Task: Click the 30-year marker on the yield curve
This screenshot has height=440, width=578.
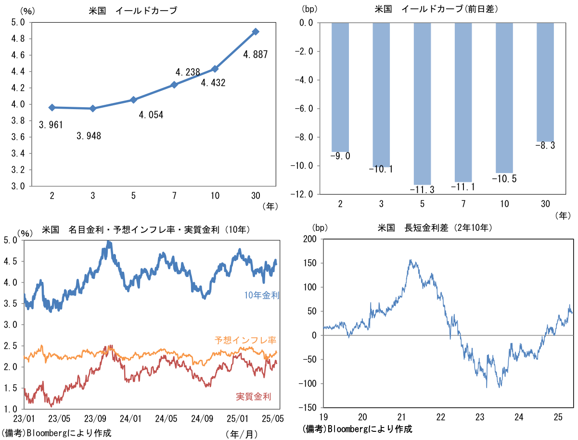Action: [256, 32]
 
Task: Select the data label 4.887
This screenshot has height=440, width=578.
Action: [255, 55]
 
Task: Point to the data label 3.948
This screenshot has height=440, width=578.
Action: [89, 136]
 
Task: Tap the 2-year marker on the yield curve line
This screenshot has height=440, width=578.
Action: [52, 108]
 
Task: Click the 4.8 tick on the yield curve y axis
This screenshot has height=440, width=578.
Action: [19, 39]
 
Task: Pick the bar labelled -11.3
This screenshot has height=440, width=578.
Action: [422, 103]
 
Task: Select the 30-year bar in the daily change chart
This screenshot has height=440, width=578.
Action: [545, 82]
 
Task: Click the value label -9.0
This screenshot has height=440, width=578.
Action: [340, 156]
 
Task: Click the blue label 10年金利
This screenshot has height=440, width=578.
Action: [262, 296]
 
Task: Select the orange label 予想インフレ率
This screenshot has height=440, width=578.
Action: [245, 340]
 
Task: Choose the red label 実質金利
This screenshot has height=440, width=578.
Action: [254, 397]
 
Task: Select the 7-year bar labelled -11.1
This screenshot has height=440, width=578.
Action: [463, 102]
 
